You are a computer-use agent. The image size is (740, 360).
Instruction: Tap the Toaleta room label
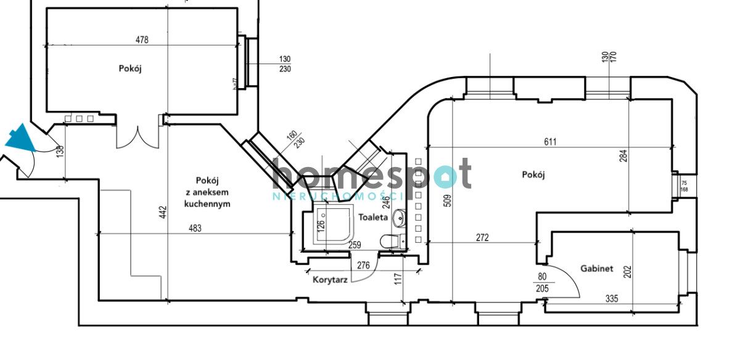pos(374,218)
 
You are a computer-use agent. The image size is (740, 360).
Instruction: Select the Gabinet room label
pos(596,269)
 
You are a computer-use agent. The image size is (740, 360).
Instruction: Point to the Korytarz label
pos(330,279)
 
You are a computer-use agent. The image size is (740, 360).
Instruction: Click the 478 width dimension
pos(142,40)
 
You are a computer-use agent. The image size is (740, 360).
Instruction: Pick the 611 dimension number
pos(550,142)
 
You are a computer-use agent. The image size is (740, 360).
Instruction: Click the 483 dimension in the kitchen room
pos(195,228)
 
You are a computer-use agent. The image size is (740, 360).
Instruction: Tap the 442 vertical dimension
pos(164,211)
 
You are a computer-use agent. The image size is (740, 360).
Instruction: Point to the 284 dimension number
pos(624,157)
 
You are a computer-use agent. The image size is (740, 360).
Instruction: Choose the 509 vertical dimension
pos(448,200)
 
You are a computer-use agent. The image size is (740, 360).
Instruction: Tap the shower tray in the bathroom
pos(331,226)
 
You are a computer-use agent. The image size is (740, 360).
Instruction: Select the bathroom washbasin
pos(400,218)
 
